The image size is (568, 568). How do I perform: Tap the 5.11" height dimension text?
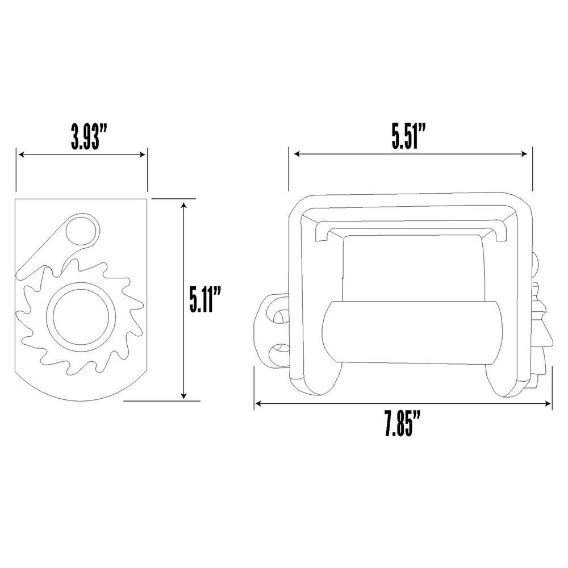pos(205,299)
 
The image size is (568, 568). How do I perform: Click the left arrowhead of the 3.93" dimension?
pos(20,154)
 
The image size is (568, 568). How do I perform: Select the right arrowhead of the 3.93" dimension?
pos(144,154)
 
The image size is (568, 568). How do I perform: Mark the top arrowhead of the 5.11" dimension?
pos(183,204)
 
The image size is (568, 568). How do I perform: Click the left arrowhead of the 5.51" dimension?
pos(296,153)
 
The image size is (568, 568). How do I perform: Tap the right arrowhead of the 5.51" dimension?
pos(525,153)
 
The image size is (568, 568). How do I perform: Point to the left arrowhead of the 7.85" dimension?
pos(258,404)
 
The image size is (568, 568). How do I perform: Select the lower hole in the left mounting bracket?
pos(278,354)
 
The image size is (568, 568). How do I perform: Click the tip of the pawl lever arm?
pos(23,274)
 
